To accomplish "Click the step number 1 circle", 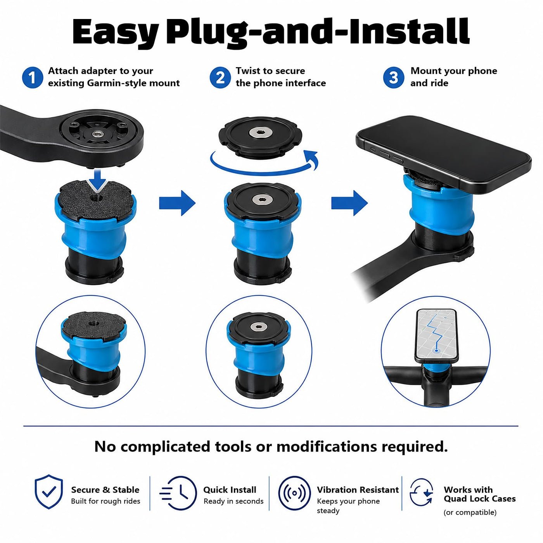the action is click(33, 78).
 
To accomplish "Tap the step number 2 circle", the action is click(220, 78).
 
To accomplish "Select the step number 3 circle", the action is click(394, 78).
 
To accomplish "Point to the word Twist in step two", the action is click(247, 71).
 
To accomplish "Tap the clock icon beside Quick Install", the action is click(178, 493).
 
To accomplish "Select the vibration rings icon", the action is click(294, 493).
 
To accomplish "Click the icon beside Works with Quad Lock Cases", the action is click(421, 493).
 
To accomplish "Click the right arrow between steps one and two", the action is click(177, 203).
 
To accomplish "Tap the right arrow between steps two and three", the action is click(349, 203).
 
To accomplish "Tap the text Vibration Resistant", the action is click(358, 490).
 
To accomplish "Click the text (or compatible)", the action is click(470, 512).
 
